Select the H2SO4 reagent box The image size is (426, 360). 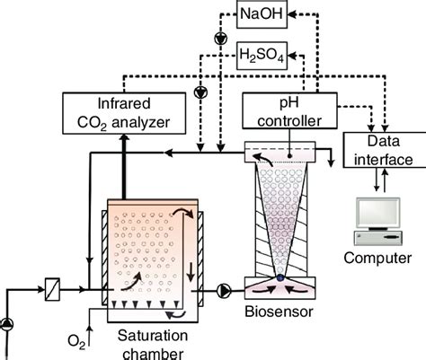(x=262, y=57)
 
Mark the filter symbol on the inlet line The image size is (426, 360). (x=52, y=289)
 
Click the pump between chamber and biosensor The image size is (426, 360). (x=220, y=290)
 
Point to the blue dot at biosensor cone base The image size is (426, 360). (x=280, y=280)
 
